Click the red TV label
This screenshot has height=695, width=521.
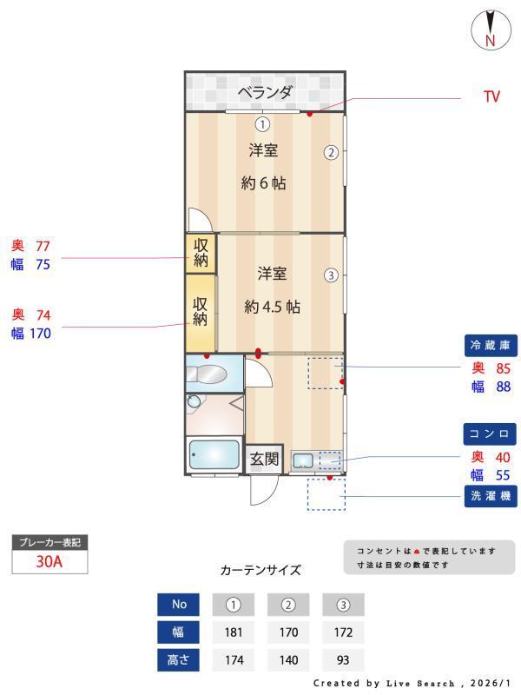491,97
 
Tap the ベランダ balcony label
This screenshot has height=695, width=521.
265,92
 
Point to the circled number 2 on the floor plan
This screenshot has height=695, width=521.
331,152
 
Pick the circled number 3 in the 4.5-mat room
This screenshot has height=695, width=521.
330,275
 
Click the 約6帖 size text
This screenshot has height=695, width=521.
263,183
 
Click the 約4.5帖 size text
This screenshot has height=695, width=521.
272,307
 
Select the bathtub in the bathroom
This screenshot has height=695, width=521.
214,455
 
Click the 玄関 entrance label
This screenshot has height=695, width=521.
264,459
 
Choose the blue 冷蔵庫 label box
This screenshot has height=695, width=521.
491,346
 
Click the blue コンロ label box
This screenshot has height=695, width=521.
491,434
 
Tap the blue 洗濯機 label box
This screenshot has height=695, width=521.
491,497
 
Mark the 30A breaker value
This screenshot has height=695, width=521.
49,561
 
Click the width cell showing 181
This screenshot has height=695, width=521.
233,632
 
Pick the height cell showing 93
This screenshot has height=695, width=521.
342,659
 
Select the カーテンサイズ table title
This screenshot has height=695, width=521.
260,571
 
